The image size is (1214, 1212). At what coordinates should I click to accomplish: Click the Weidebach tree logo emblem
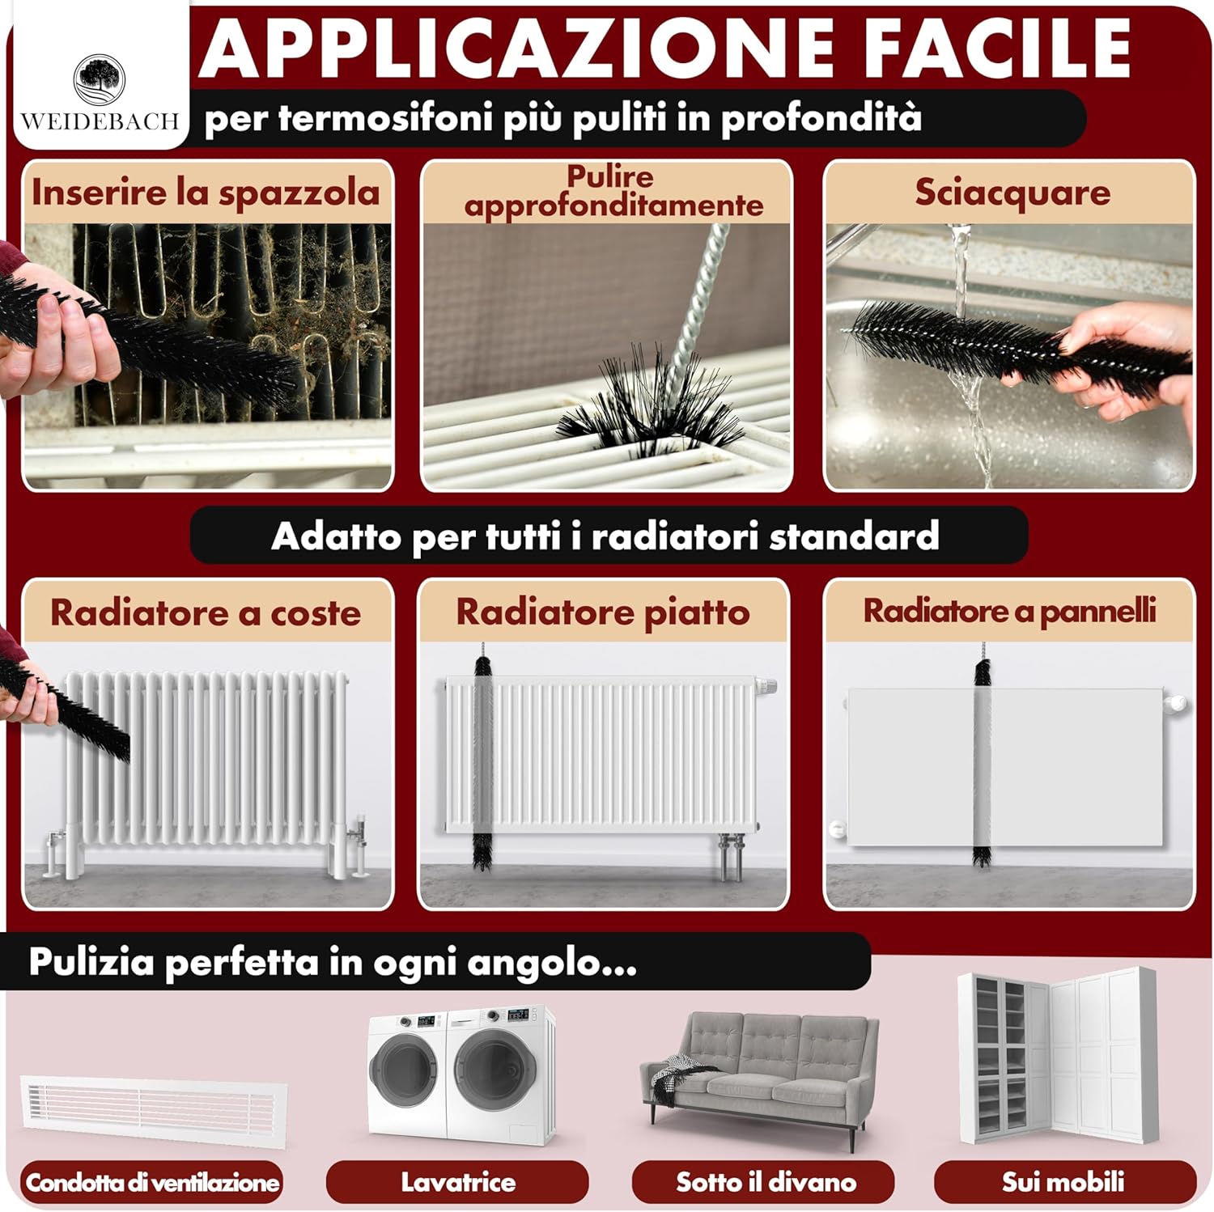coord(100,80)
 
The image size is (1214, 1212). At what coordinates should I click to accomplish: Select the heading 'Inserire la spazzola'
coord(206,193)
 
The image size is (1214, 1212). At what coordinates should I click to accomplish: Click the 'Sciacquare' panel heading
coord(1012,193)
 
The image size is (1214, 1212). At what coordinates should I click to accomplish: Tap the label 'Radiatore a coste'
coord(206,612)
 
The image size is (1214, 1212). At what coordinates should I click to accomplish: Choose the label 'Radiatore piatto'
coord(603,612)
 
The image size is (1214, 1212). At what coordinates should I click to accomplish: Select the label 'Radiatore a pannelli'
coord(1009,611)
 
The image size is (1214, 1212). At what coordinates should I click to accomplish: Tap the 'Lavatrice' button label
coord(458,1182)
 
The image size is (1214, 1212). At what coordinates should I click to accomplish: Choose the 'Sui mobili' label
coord(1063,1182)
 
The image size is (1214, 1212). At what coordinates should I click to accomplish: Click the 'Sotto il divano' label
coord(766,1182)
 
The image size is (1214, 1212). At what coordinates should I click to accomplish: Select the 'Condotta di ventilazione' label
coord(152,1182)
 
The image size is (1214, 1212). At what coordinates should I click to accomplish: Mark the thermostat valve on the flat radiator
coord(767,687)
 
